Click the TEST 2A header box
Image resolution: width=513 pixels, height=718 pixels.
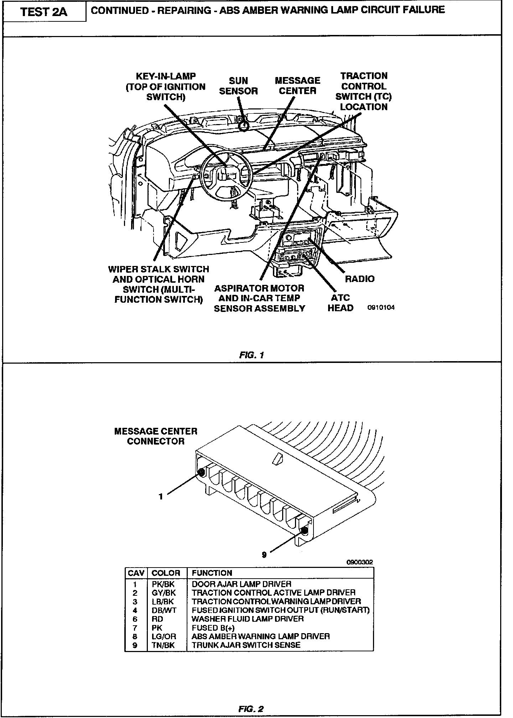pos(44,12)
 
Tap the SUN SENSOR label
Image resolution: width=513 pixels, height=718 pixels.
pos(238,86)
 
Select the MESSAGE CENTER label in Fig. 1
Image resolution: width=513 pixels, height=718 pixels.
pos(297,86)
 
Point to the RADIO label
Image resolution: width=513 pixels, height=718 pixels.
pos(359,279)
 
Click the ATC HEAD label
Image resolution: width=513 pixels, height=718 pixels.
pos(340,303)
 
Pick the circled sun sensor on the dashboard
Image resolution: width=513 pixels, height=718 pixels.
pos(243,125)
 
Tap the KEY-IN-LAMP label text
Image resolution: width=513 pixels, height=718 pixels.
pos(166,87)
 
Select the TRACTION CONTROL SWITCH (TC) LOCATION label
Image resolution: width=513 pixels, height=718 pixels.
pos(363,91)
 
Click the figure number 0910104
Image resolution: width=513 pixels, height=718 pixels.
pos(381,308)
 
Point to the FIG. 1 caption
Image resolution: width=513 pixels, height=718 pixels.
pos(252,355)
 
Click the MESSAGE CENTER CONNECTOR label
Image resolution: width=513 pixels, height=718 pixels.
pos(156,436)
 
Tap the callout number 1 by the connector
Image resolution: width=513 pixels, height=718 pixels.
pos(161,496)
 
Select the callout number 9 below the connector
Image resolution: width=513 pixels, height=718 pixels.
pos(264,555)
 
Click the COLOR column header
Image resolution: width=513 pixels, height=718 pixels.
pos(166,573)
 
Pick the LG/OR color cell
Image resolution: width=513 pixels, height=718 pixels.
pos(164,636)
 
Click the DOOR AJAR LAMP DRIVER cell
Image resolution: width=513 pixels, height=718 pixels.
pos(241,584)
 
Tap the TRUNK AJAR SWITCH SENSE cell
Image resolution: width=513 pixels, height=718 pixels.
pos(246,645)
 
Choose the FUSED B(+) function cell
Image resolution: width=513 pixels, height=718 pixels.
pos(213,627)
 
